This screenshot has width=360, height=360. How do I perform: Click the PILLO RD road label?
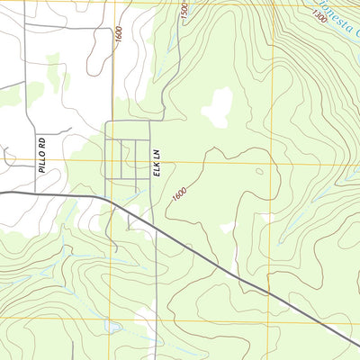tap(42, 152)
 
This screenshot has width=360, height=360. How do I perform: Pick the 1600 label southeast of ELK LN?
tap(180, 193)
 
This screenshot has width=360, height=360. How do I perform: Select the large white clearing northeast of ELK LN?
tap(217, 108)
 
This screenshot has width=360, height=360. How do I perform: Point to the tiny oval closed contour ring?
tap(259, 171)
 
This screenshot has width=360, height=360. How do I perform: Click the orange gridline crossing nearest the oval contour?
tap(269, 162)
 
